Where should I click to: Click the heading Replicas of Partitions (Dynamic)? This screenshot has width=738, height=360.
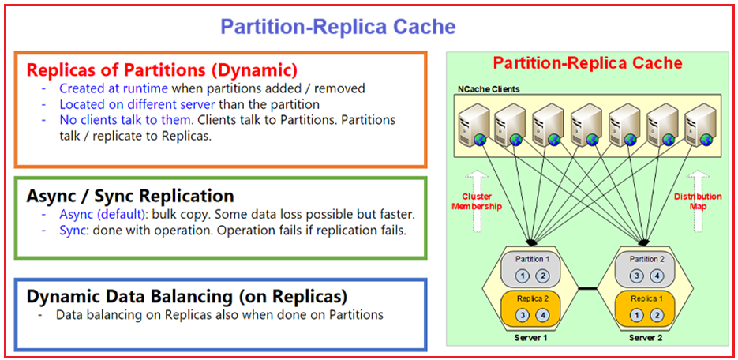[162, 69]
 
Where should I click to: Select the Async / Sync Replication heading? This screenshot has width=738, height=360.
[130, 195]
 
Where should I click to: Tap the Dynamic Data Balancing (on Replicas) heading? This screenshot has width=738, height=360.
[187, 297]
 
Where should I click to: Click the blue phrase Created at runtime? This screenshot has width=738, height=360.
[114, 88]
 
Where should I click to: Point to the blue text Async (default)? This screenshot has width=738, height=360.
[103, 214]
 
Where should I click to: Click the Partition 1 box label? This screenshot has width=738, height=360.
[532, 259]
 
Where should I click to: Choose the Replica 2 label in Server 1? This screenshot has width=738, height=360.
[532, 298]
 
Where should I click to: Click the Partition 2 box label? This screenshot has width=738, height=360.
[646, 259]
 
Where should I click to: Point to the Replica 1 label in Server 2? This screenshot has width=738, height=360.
[646, 298]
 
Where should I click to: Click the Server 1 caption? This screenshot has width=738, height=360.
[532, 337]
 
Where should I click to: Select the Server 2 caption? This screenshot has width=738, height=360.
[646, 337]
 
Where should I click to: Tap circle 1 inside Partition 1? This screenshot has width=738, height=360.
[524, 276]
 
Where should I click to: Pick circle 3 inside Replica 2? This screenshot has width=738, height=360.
[524, 315]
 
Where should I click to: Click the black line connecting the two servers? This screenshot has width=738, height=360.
[587, 288]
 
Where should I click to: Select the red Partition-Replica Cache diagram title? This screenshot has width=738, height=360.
[588, 62]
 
